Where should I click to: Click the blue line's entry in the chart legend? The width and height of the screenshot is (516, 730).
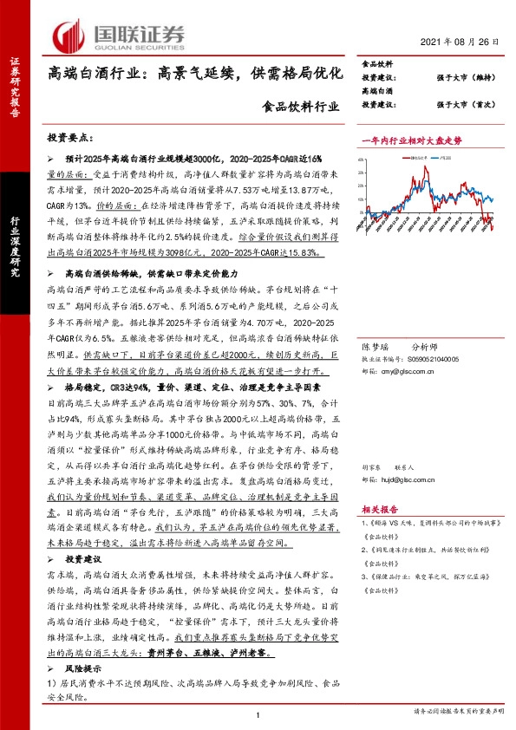(454, 157)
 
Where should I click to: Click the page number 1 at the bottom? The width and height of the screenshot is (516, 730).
(258, 714)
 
